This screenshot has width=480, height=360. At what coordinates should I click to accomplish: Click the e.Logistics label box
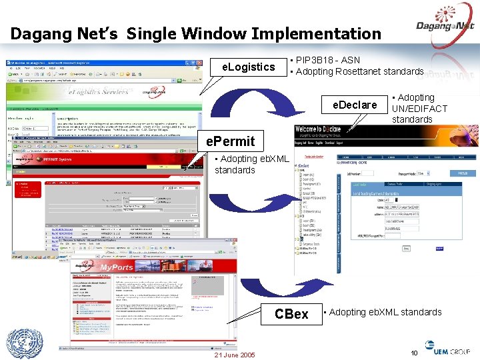tap(248, 67)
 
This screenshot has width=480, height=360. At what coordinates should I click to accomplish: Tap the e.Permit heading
tap(230, 141)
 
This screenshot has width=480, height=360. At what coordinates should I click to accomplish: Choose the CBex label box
tap(291, 313)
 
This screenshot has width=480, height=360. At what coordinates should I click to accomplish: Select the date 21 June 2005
tap(234, 355)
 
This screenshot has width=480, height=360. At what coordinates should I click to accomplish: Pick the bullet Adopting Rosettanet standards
tap(359, 71)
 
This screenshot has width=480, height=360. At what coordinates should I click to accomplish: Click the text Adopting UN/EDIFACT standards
tap(419, 108)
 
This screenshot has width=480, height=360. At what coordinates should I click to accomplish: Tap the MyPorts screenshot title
tap(116, 267)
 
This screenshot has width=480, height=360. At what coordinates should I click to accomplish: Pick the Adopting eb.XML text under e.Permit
tap(251, 164)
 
